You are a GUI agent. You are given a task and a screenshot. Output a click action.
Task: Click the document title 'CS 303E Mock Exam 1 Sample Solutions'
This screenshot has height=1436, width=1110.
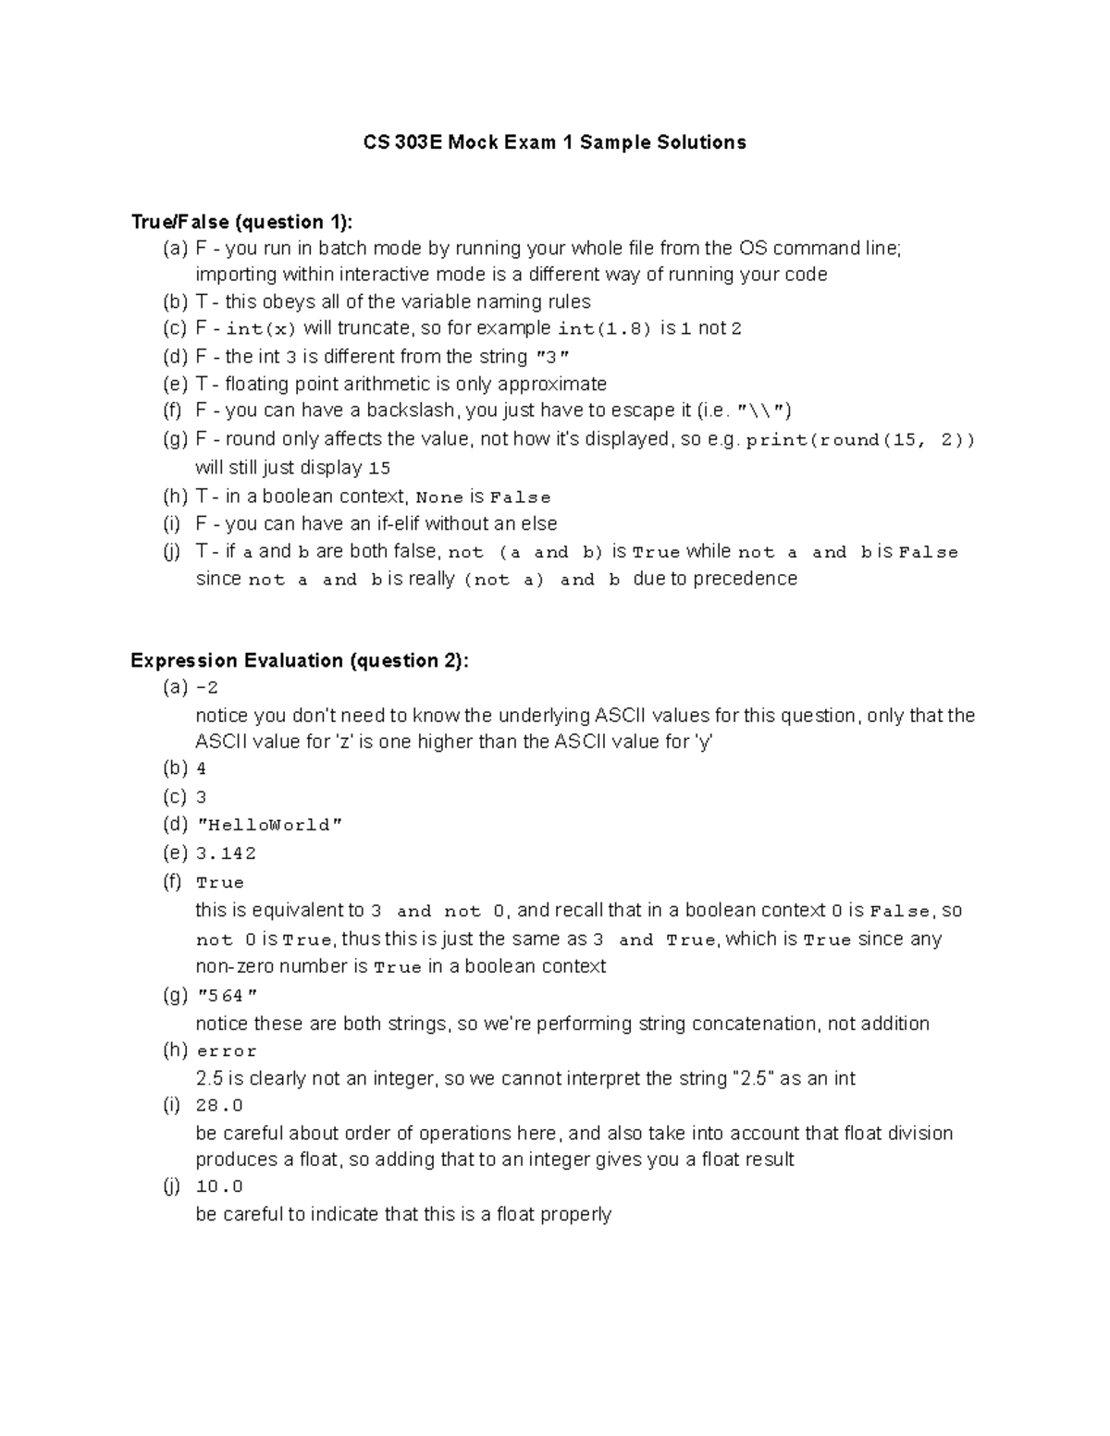pyautogui.click(x=554, y=142)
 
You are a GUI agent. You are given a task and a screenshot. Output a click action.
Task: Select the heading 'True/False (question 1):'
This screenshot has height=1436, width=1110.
pyautogui.click(x=241, y=222)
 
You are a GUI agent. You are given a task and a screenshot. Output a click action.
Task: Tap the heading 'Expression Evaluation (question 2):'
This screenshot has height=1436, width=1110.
pyautogui.click(x=300, y=660)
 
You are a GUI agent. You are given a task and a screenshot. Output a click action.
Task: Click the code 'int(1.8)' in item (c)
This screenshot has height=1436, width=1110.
pyautogui.click(x=605, y=329)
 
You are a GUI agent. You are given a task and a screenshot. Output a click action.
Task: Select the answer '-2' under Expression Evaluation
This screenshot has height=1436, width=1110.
pyautogui.click(x=207, y=688)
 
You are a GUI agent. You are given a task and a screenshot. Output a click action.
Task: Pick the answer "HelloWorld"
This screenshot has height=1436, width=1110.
pyautogui.click(x=270, y=825)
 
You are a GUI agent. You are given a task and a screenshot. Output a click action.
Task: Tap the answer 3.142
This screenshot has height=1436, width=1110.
pyautogui.click(x=226, y=853)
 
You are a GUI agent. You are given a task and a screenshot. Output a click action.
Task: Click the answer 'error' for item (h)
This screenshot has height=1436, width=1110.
pyautogui.click(x=227, y=1051)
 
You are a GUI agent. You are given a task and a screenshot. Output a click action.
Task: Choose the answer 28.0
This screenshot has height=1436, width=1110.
pyautogui.click(x=219, y=1106)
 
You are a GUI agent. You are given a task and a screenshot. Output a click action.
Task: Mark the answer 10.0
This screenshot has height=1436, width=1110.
pyautogui.click(x=219, y=1186)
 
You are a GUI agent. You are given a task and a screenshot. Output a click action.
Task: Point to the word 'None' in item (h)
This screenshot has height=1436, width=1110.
pyautogui.click(x=440, y=497)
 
